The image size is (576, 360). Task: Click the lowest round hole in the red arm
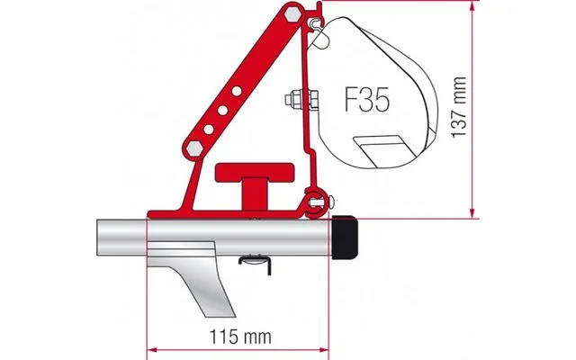[x=210, y=130]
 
